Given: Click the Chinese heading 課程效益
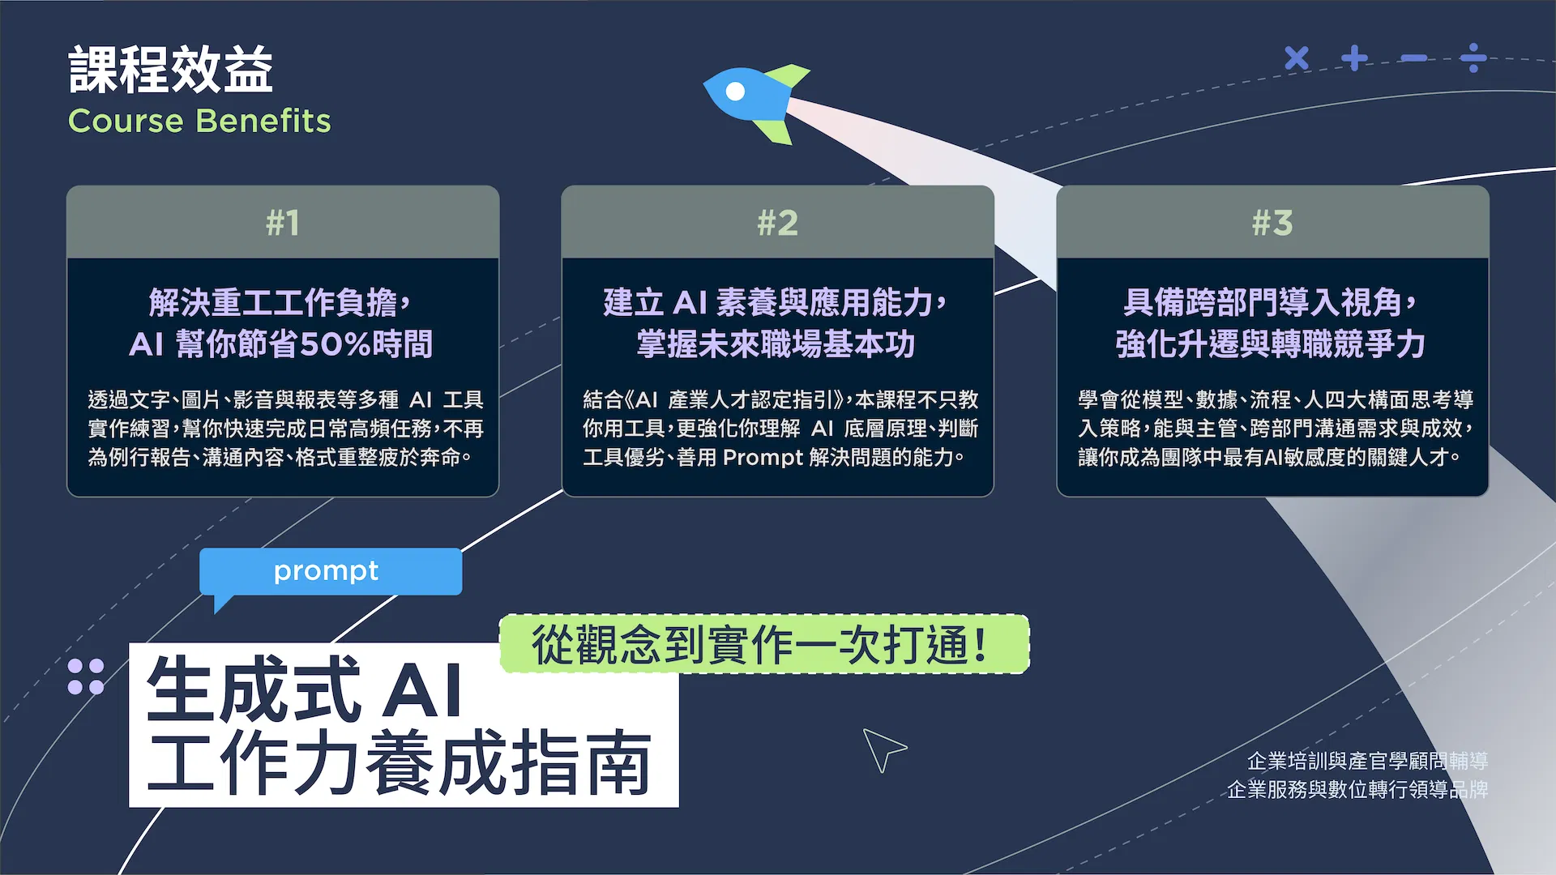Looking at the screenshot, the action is pyautogui.click(x=170, y=70).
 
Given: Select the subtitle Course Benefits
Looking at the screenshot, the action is pyautogui.click(x=199, y=121).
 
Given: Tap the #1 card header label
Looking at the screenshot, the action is pyautogui.click(x=283, y=222).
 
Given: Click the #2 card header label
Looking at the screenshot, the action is pyautogui.click(x=777, y=222).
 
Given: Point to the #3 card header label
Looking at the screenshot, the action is pyautogui.click(x=1272, y=222).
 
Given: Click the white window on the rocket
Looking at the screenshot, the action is pyautogui.click(x=735, y=92).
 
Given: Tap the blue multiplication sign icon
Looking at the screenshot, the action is pyautogui.click(x=1297, y=58).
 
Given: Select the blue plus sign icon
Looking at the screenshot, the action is pyautogui.click(x=1355, y=58).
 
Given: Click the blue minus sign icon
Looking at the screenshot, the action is pyautogui.click(x=1414, y=58).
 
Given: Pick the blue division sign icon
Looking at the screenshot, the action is pyautogui.click(x=1473, y=58).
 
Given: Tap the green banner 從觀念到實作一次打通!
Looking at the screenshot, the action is pyautogui.click(x=764, y=644).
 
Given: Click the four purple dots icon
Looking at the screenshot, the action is pyautogui.click(x=86, y=677).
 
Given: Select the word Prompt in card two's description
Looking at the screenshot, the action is pyautogui.click(x=763, y=458).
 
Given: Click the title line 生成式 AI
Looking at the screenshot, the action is pyautogui.click(x=304, y=689).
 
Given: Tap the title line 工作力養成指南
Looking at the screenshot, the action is pyautogui.click(x=400, y=762).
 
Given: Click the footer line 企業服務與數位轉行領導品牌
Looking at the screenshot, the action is pyautogui.click(x=1357, y=789).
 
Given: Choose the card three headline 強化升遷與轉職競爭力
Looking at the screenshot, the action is pyautogui.click(x=1270, y=344).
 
